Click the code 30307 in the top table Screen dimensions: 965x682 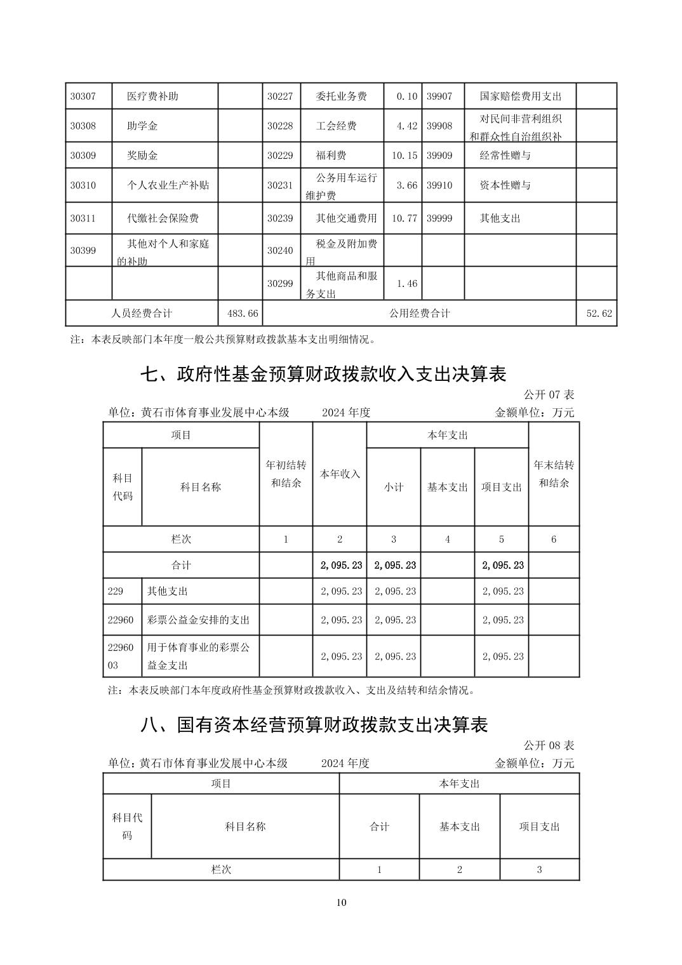(83, 96)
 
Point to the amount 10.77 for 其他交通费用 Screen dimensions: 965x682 (404, 218)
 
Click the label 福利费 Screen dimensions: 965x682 (331, 156)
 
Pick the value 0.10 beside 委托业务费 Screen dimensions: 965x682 (406, 96)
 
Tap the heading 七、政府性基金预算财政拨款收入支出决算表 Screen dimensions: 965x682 (323, 375)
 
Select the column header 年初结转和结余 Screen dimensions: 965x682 (286, 474)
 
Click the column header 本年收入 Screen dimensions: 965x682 (340, 474)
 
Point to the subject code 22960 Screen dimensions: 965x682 (121, 620)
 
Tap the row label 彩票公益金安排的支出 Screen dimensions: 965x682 (198, 620)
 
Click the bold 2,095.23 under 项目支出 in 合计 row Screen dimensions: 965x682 (503, 565)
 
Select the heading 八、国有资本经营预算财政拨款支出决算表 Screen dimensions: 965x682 (314, 725)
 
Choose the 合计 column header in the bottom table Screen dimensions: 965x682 (379, 827)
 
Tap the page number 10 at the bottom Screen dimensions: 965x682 (342, 903)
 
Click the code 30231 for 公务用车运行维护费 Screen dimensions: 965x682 (280, 185)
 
